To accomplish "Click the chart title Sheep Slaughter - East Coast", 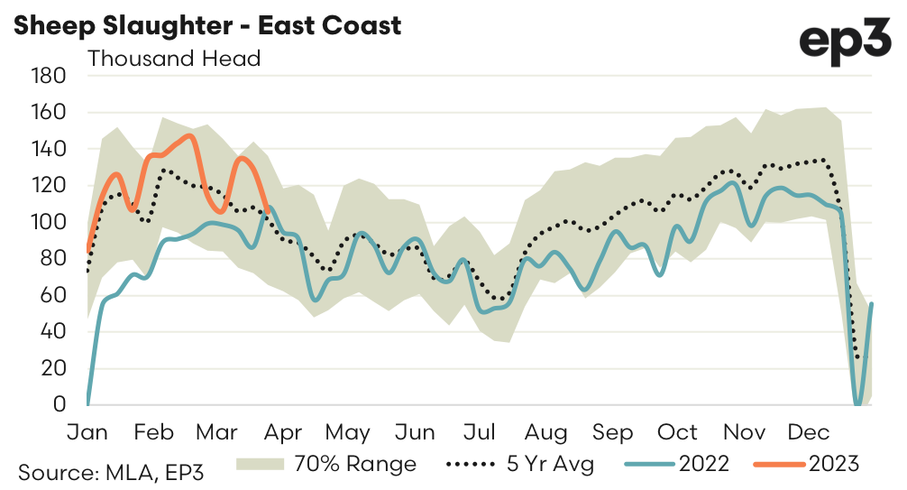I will point(206,25).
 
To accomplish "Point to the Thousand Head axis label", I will point(173,59).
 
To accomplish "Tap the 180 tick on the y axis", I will point(49,76).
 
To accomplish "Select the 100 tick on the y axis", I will point(49,222).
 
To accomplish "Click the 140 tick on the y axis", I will point(49,149).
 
